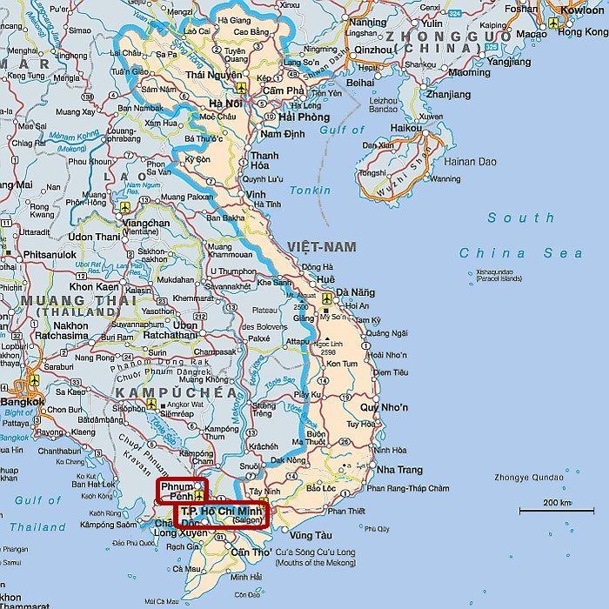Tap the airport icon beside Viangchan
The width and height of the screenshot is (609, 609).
tap(125, 207)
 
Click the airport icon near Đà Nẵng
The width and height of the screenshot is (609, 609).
tap(326, 298)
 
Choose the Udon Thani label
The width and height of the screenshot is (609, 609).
tap(93, 237)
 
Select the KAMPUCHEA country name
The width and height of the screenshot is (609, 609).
tap(176, 393)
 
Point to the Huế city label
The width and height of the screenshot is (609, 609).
tap(325, 278)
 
